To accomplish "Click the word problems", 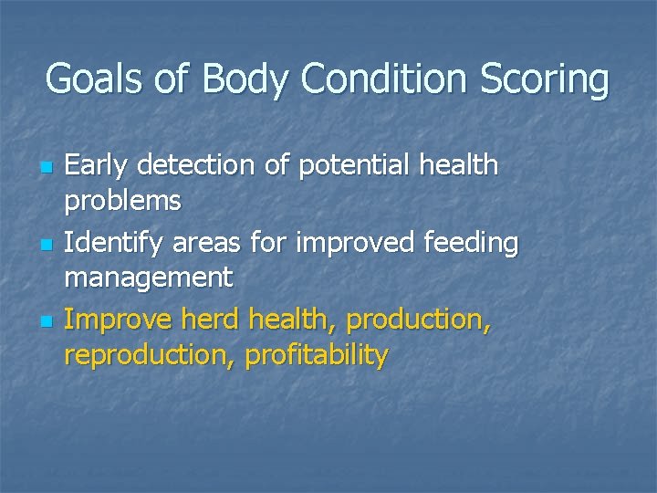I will (x=123, y=200).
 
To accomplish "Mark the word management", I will (x=149, y=278).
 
